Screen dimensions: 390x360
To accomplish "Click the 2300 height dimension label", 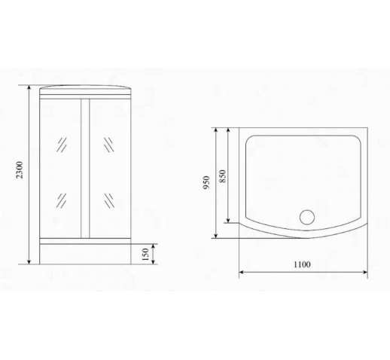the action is [20, 170].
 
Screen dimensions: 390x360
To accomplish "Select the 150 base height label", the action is [145, 255].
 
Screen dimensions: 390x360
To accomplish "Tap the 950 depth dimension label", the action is [206, 182].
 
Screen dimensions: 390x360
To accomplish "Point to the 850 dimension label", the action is [223, 176].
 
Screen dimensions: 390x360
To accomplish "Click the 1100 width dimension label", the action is [302, 264].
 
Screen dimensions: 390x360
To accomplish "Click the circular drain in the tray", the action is [307, 217].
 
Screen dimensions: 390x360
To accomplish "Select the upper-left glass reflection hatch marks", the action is [62, 145].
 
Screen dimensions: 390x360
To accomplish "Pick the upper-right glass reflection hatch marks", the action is [108, 145].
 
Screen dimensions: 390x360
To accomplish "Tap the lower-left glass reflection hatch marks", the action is [62, 200].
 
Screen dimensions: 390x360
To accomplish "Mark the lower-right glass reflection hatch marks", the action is [109, 200].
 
